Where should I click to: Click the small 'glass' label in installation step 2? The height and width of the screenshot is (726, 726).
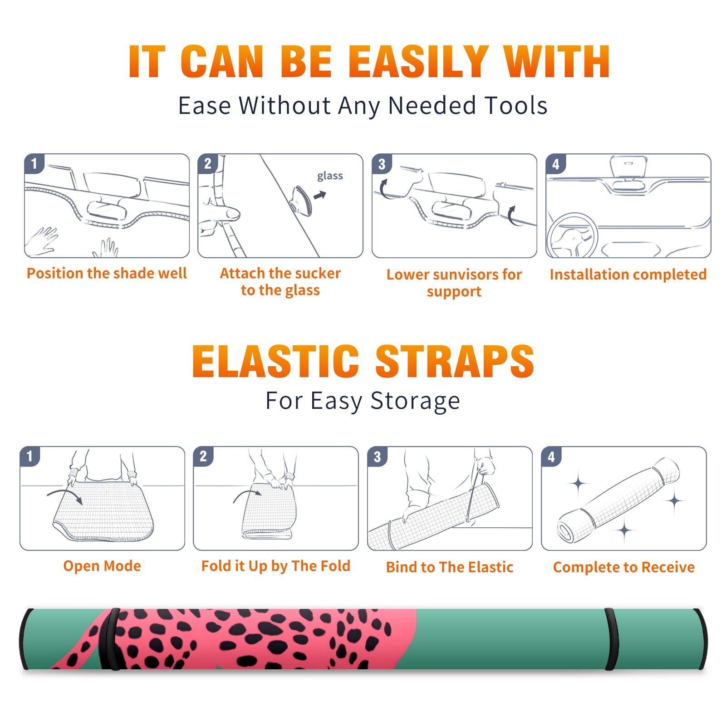pos(330,176)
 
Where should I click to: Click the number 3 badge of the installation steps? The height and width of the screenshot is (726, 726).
pos(382,164)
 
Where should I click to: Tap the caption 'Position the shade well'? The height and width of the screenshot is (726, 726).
pos(107,273)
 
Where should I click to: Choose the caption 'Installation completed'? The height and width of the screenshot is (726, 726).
pos(628,274)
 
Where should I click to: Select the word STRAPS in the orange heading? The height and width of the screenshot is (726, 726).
pos(455,361)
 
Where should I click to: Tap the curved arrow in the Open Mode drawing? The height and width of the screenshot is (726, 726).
pos(65,495)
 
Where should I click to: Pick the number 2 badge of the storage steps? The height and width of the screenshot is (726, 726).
pos(203,456)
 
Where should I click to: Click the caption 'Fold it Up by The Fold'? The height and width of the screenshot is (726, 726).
pos(276,566)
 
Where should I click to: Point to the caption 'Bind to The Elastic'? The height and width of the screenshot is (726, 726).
pos(449,567)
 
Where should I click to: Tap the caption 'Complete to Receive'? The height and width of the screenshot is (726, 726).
pos(624,567)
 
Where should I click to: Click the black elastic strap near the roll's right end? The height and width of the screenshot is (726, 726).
pos(611,639)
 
